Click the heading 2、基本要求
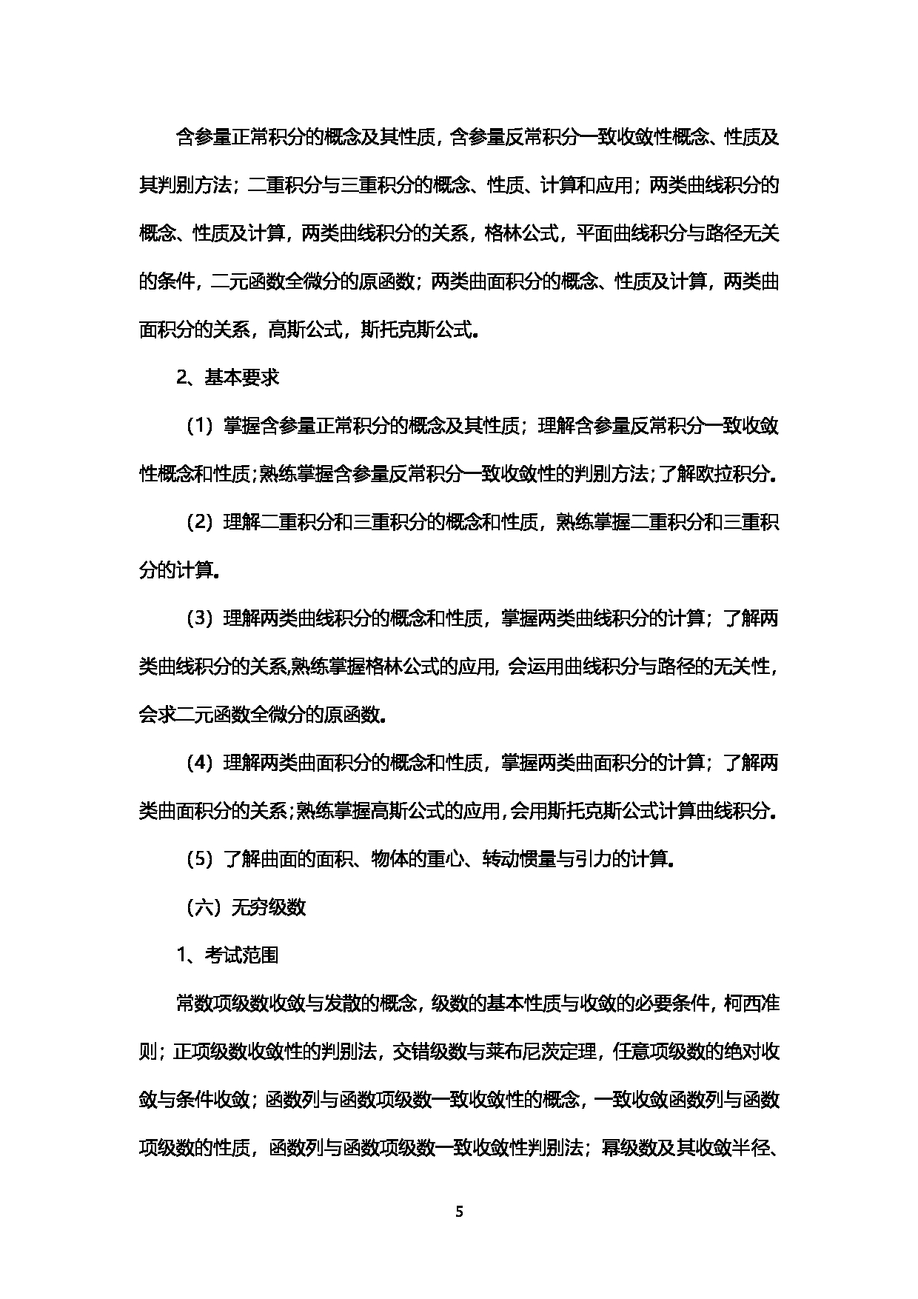(x=227, y=378)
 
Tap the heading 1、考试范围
(x=227, y=956)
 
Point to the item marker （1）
(x=199, y=427)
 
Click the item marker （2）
(x=199, y=523)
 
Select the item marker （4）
(x=199, y=764)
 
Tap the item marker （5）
(x=199, y=860)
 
